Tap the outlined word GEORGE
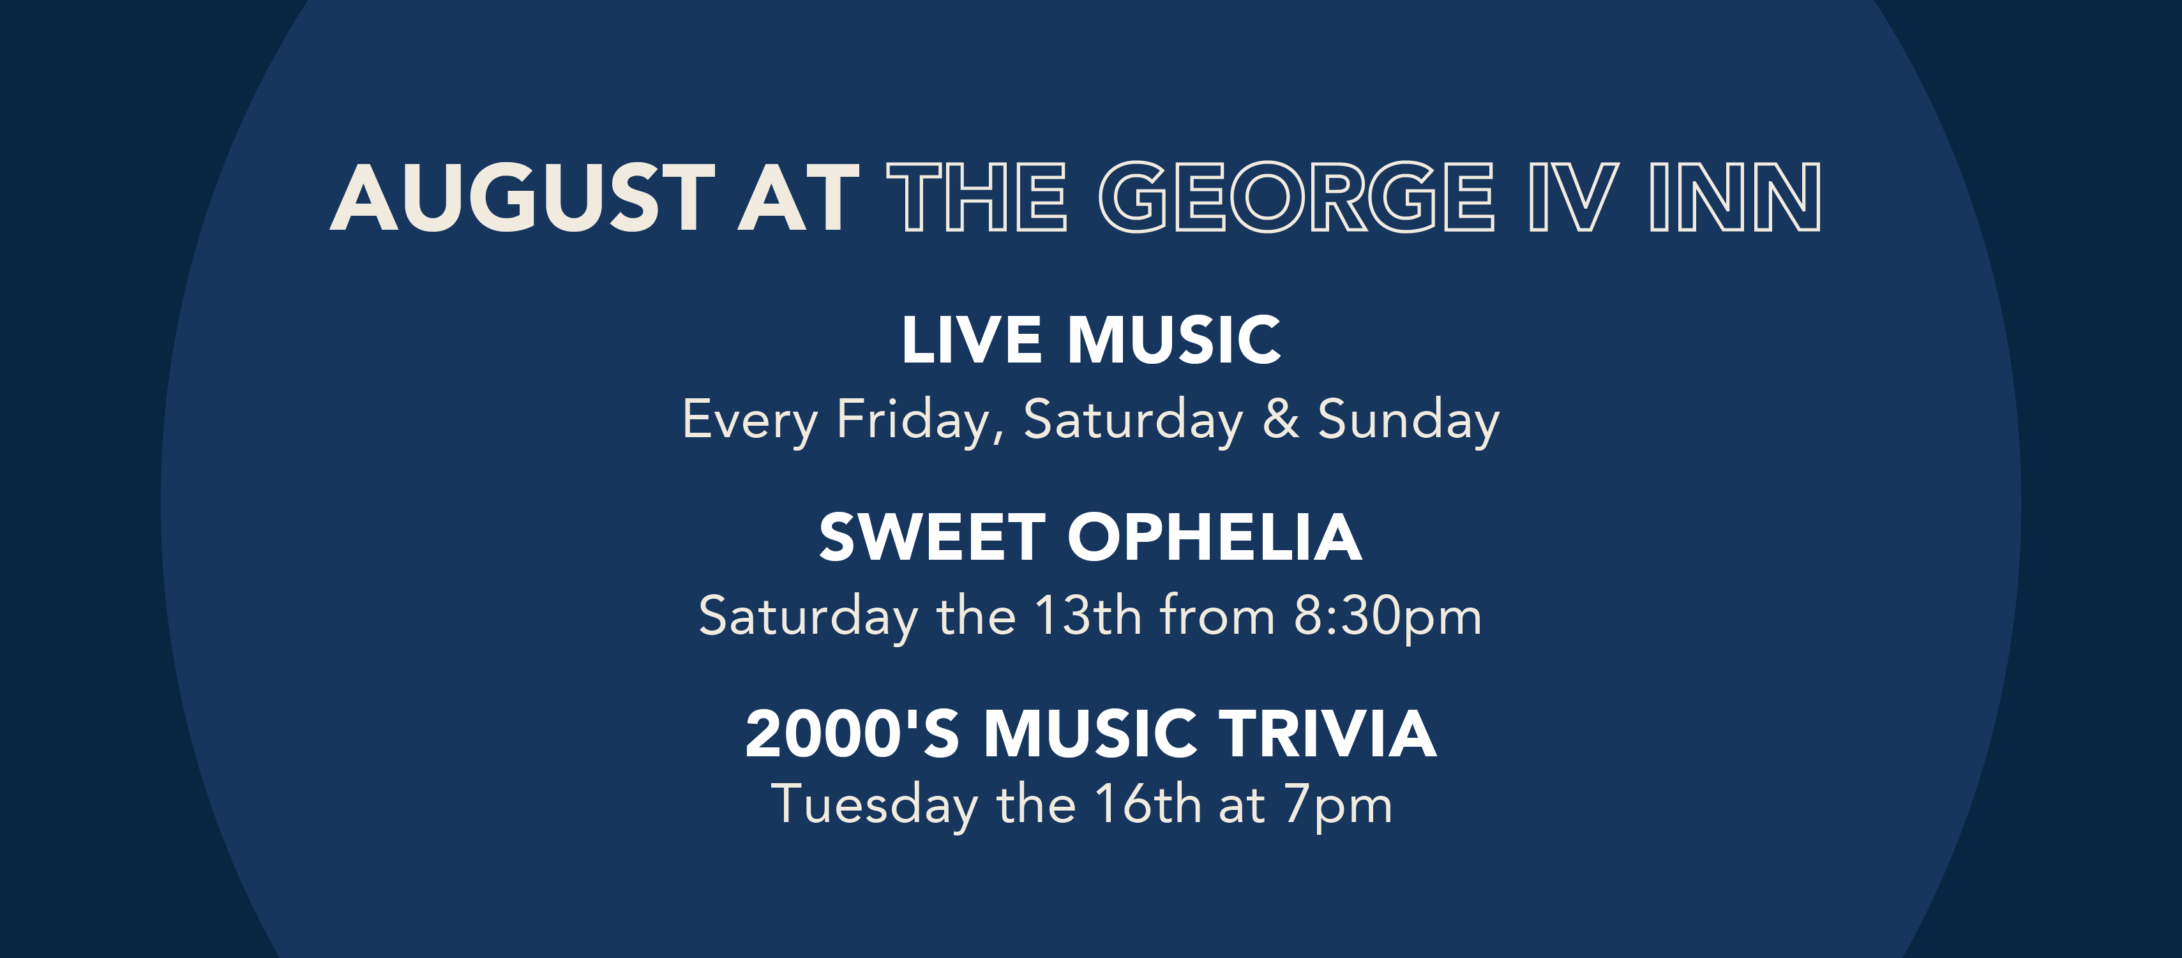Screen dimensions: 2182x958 pos(1296,197)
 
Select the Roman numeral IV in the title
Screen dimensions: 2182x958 pos(1573,197)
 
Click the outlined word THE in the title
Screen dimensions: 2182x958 pos(976,197)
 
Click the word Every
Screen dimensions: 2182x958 pos(749,420)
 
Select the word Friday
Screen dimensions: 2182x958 pos(920,420)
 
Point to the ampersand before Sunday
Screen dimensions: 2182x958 pos(1281,419)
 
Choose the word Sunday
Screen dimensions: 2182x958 pos(1408,420)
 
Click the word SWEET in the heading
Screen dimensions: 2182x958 pos(931,538)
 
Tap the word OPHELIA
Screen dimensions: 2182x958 pos(1214,538)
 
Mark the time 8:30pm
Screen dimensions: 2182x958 pos(1387,617)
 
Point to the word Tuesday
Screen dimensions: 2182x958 pos(874,805)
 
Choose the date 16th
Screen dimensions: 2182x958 pos(1147,804)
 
